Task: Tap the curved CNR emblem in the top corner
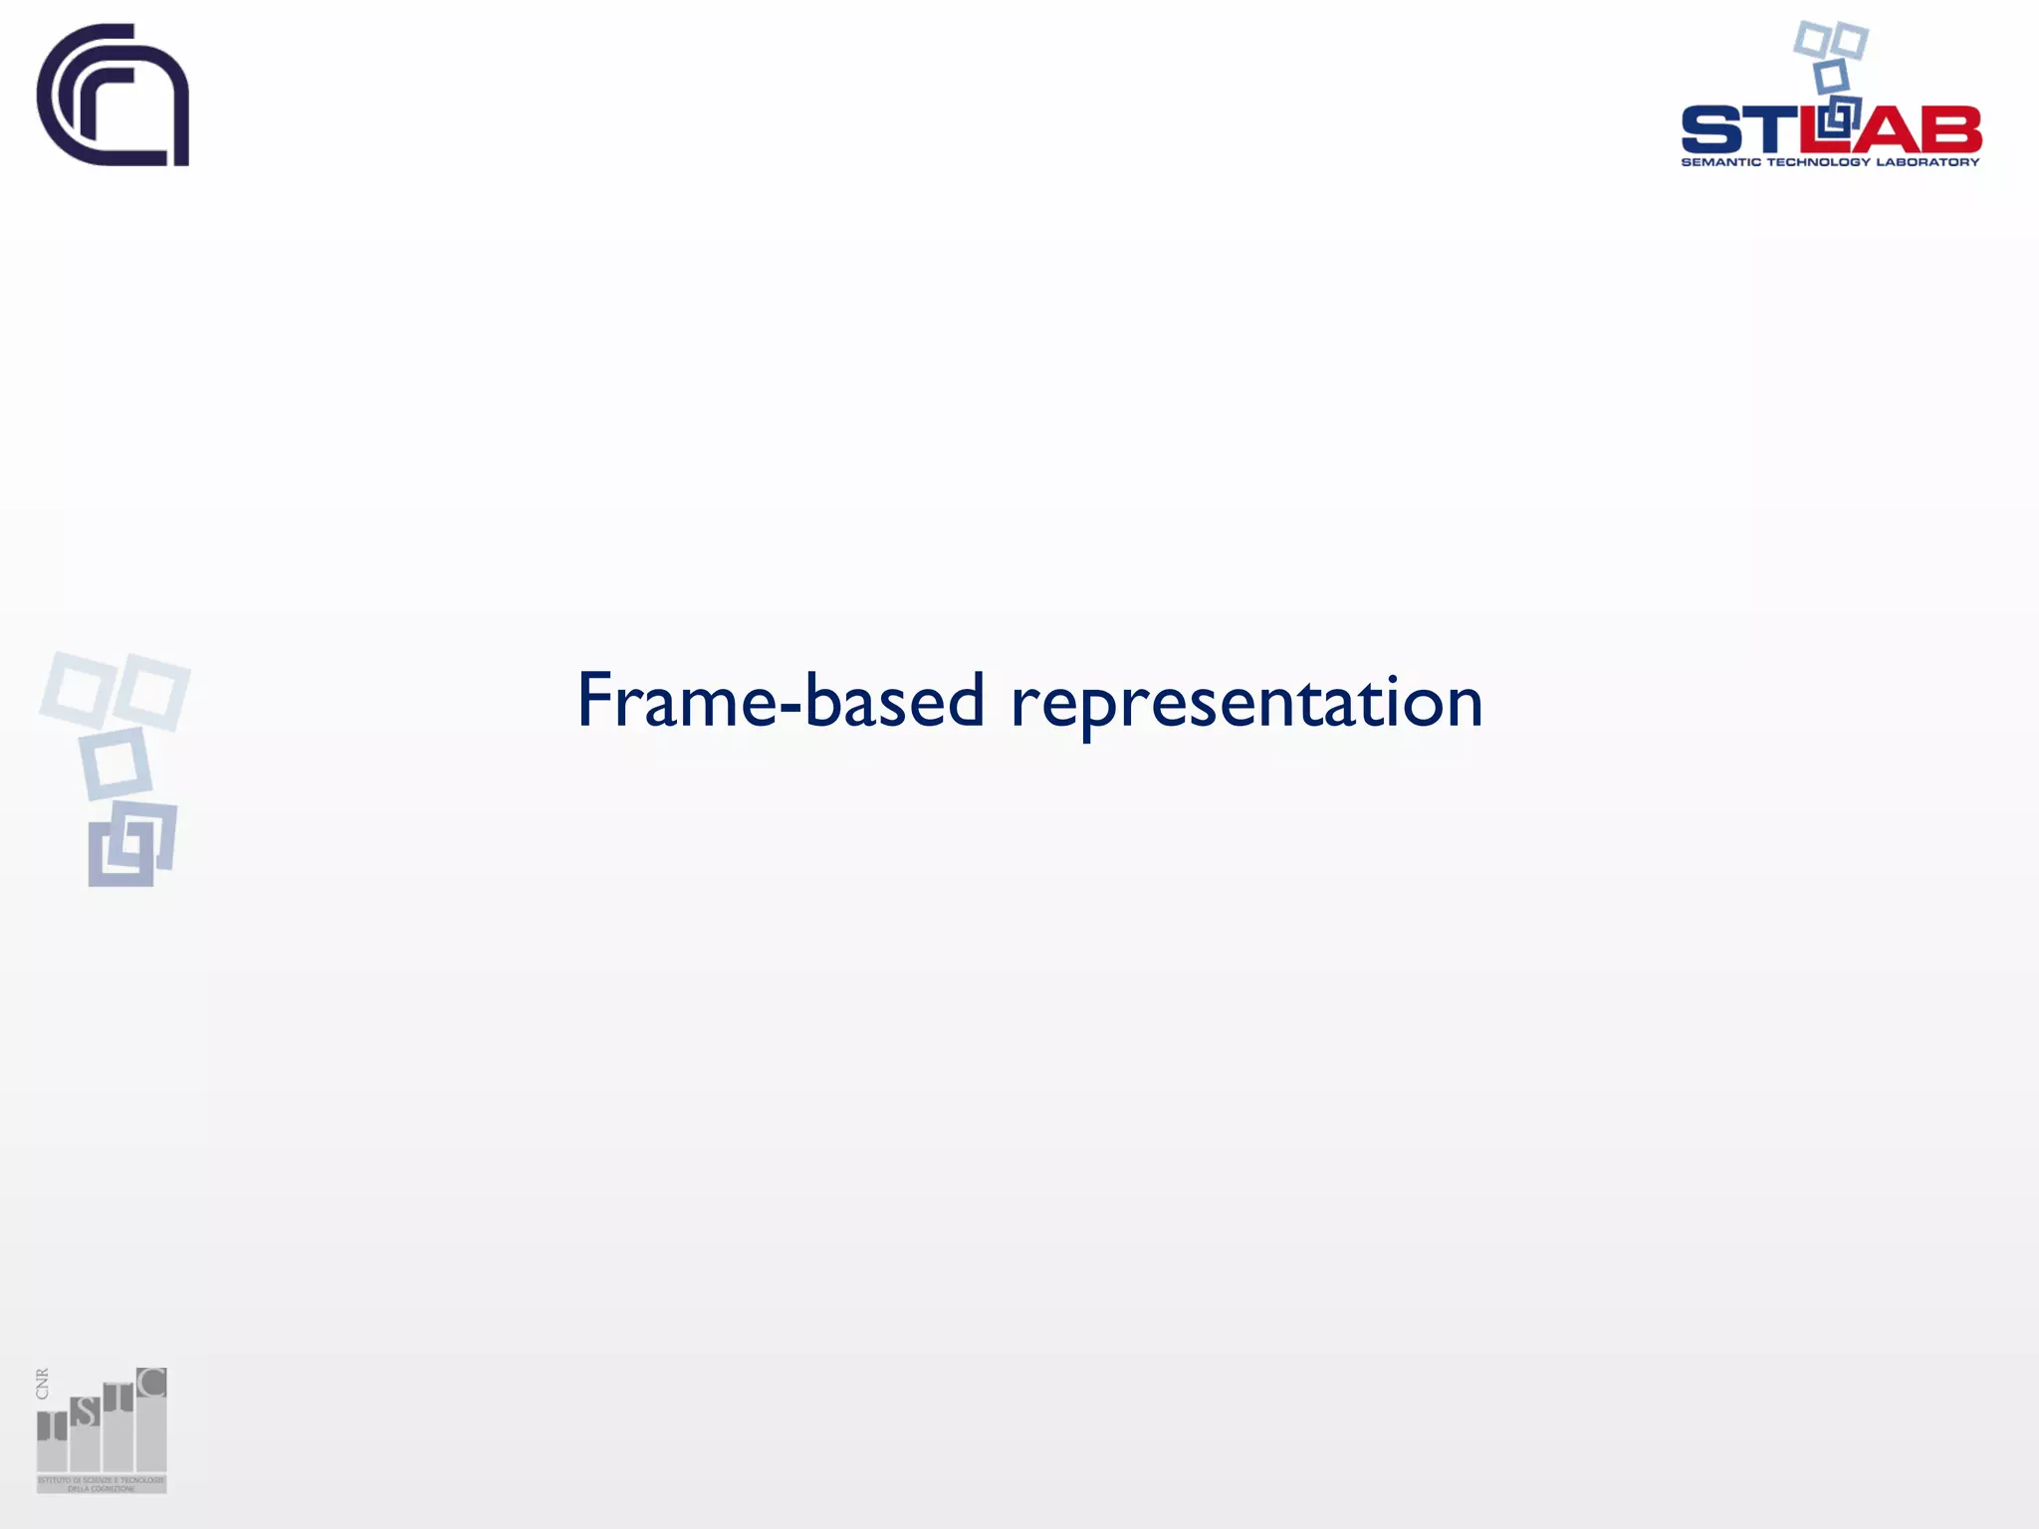[113, 95]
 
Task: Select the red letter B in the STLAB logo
[1950, 129]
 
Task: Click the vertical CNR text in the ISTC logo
[42, 1384]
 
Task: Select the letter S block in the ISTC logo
[86, 1412]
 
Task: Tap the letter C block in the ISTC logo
[151, 1383]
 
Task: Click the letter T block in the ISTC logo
[118, 1398]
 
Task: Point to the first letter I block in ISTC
[52, 1426]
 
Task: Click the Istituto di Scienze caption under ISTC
[101, 1483]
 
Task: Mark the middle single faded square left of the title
[115, 764]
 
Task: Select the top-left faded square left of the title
[76, 687]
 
